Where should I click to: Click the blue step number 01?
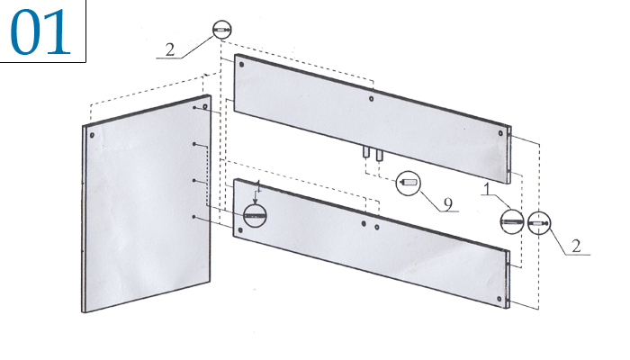[x=40, y=32]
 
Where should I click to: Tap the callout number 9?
[x=448, y=204]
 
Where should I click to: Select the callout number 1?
[x=487, y=189]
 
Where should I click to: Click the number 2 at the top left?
[x=170, y=49]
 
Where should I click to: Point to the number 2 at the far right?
[x=577, y=246]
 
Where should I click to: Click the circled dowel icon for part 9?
[x=409, y=184]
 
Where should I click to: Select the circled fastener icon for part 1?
[x=512, y=221]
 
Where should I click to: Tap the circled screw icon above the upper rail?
[x=221, y=30]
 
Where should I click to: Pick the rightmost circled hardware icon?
[x=539, y=222]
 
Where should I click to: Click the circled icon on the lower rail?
[x=255, y=215]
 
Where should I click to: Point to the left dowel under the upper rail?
[x=366, y=153]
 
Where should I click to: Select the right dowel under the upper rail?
[x=379, y=155]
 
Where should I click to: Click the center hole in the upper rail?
[x=371, y=98]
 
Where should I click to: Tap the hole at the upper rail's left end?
[x=241, y=64]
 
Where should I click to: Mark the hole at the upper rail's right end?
[x=500, y=133]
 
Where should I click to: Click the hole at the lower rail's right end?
[x=499, y=299]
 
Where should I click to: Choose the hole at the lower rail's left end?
[x=240, y=230]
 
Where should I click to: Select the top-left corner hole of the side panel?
[x=92, y=135]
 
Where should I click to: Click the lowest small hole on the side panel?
[x=194, y=217]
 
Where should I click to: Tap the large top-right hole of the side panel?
[x=205, y=106]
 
